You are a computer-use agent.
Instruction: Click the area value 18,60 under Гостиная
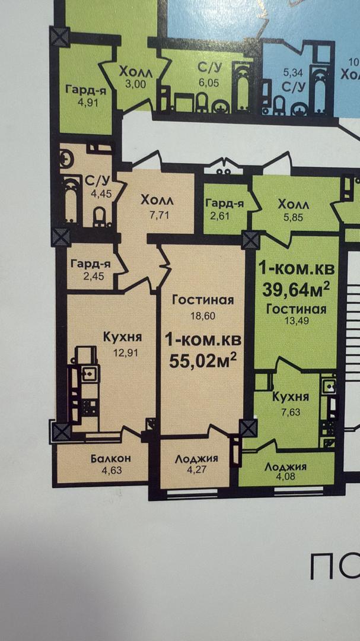coord(203,316)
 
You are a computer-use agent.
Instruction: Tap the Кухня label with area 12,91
coord(122,338)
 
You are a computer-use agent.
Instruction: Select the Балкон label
coord(114,458)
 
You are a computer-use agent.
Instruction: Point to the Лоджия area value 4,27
coord(196,470)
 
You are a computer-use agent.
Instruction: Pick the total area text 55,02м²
coord(203,361)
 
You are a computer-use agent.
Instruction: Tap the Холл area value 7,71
coord(160,215)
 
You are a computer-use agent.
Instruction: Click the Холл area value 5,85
coord(294,217)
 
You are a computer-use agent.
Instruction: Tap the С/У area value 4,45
coord(100,193)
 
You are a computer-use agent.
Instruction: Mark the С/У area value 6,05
coord(209,84)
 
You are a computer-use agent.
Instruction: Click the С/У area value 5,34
coord(292,73)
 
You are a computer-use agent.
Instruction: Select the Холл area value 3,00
coord(136,84)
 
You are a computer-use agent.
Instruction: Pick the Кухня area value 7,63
coord(291,412)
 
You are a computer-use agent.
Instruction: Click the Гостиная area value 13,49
coord(297,320)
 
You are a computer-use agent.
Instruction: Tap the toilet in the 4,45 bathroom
coord(100,217)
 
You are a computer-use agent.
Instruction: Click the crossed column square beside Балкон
coord(62,431)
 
